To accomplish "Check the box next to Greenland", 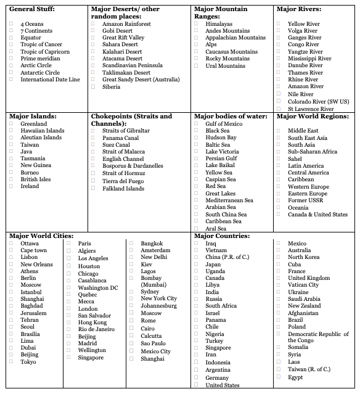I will pyautogui.click(x=11, y=124).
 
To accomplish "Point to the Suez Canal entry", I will pyautogui.click(x=116, y=145).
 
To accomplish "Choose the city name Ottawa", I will pyautogui.click(x=29, y=244).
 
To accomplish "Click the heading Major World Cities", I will pyautogui.click(x=41, y=236).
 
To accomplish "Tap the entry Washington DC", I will pyautogui.click(x=97, y=288).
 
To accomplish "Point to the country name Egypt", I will pyautogui.click(x=295, y=377).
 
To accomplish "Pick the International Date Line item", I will pyautogui.click(x=50, y=80).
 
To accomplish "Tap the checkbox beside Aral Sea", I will pyautogui.click(x=196, y=228).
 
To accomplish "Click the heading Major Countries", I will pyautogui.click(x=222, y=236).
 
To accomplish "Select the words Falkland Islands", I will pyautogui.click(x=123, y=188).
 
